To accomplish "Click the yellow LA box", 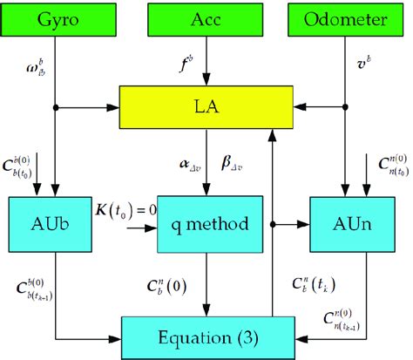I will [x=206, y=107].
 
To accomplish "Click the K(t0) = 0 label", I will [x=120, y=206].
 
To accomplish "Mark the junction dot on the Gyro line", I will [x=57, y=107].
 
